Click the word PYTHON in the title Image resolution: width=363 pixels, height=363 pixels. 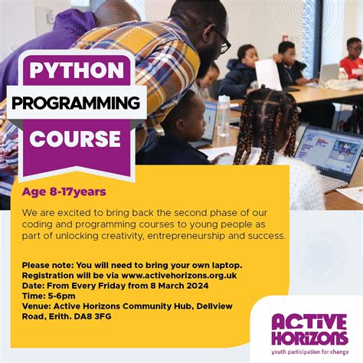76,70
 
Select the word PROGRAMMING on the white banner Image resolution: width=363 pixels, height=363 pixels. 76,103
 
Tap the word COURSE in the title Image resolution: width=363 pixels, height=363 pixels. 76,139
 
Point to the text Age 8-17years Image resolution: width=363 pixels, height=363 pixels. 64,191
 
